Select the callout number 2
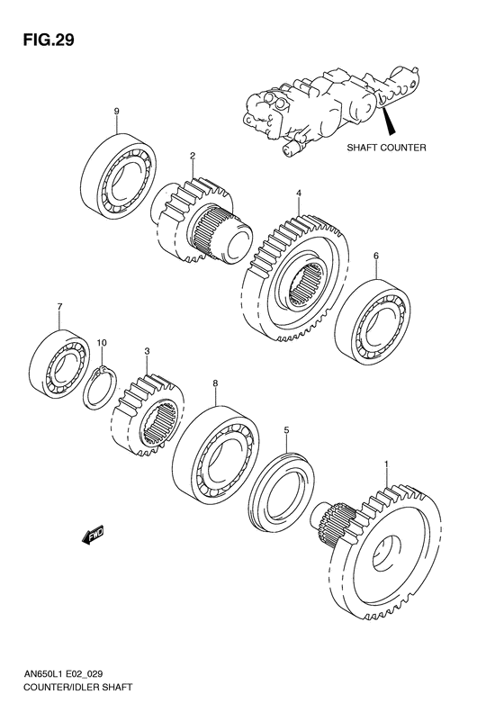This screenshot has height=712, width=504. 192,157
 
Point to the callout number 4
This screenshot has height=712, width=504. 297,194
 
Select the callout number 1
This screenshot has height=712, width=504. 387,464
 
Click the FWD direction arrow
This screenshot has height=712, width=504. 93,537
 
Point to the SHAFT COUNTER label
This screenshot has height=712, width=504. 388,148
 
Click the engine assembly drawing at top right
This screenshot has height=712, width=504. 328,103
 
